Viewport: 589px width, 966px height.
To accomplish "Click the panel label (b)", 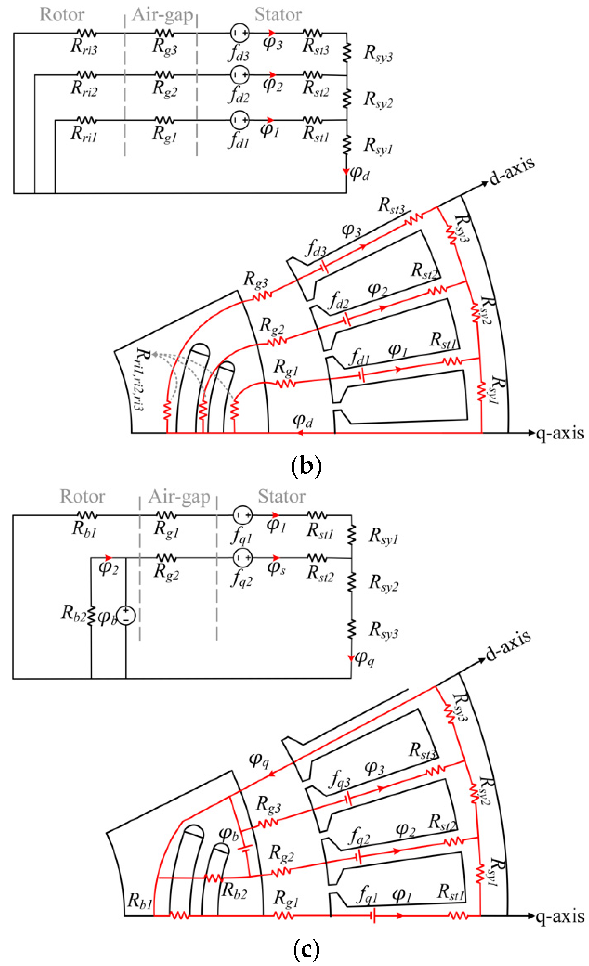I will tap(306, 466).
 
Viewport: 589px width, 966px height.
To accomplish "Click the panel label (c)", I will tap(306, 949).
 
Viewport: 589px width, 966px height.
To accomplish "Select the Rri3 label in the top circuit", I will tap(84, 47).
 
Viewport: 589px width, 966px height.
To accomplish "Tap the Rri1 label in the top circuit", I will tap(84, 134).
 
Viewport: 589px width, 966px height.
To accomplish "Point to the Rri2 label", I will tap(84, 89).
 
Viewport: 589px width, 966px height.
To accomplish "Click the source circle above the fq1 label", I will tap(243, 515).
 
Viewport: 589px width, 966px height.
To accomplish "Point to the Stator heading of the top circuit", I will tap(278, 15).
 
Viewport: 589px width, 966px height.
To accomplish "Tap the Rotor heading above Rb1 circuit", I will tap(82, 496).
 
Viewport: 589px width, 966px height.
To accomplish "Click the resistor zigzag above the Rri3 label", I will tap(86, 33).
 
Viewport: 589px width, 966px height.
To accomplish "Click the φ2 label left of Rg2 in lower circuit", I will tap(108, 568).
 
